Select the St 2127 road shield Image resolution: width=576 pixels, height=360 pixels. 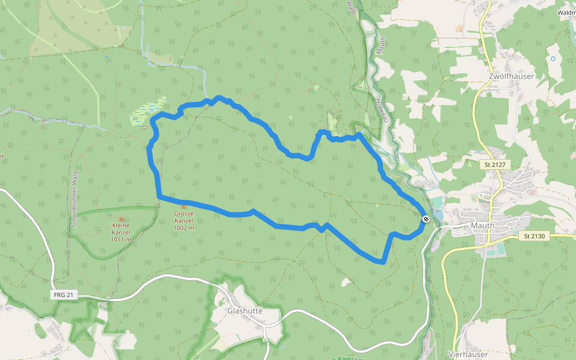pos(496,164)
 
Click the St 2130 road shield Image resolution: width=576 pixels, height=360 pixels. pos(533,236)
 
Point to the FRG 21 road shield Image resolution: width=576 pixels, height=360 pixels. pos(63,295)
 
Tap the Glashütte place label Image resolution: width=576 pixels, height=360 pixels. pos(245,311)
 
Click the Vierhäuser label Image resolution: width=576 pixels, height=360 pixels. pos(467,355)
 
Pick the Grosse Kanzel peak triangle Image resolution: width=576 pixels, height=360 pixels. pos(184,206)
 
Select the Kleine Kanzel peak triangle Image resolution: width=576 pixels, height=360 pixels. pos(121,219)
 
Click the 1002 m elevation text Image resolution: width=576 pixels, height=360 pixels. pos(184,228)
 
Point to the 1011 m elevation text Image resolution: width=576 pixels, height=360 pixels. pos(121,240)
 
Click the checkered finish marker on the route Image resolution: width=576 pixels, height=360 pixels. pos(425,219)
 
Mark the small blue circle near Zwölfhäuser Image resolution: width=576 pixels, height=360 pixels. pos(553,58)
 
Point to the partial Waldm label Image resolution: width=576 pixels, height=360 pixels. pos(566,12)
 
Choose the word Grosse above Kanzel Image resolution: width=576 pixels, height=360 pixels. pos(184,214)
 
